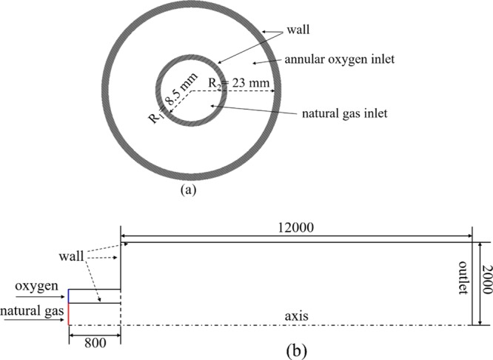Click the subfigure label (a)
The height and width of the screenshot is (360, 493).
tap(188, 189)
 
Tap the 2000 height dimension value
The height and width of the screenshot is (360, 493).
tap(486, 284)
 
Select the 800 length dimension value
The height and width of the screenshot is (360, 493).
tap(94, 343)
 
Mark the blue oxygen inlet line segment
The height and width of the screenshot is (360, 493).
tap(69, 296)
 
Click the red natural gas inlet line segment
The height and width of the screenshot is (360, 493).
tap(69, 314)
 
